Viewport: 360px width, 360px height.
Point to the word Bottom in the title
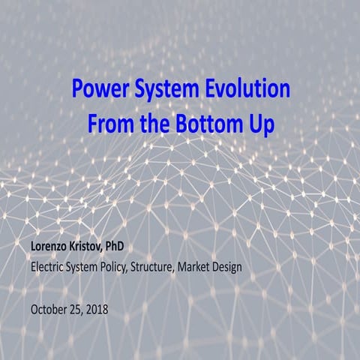201,122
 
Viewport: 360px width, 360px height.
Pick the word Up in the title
259,124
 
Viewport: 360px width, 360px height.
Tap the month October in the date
49,308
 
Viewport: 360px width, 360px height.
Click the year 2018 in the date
97,308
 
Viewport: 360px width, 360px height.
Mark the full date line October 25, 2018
70,308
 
